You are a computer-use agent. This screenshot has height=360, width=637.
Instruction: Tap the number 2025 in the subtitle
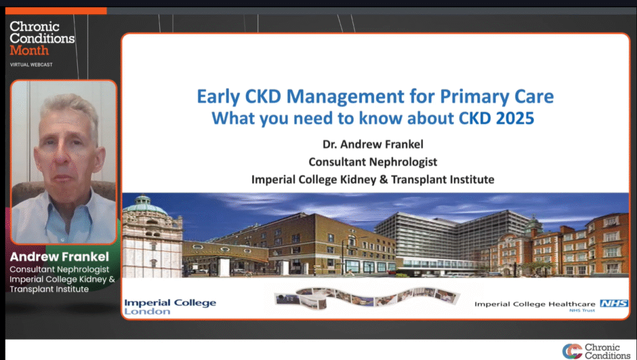pos(514,118)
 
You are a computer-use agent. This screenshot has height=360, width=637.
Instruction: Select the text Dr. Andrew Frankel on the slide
pos(373,144)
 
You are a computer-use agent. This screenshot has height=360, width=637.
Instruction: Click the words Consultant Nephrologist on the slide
pos(373,162)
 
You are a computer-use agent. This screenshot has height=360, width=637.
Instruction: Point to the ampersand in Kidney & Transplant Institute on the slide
pos(383,180)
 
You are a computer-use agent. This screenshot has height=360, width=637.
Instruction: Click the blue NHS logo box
pos(614,303)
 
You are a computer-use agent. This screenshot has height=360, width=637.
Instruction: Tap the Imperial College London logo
pos(170,307)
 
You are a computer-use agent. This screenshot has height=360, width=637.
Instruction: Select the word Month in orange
pos(29,50)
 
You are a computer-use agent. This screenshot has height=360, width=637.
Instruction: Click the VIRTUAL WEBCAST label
pos(31,65)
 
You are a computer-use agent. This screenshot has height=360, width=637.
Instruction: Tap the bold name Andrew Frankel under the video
pos(59,257)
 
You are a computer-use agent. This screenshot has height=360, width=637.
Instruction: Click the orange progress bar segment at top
pos(56,11)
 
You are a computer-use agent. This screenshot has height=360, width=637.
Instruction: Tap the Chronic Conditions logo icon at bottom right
pos(572,351)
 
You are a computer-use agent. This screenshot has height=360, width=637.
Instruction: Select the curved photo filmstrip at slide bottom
pos(367,297)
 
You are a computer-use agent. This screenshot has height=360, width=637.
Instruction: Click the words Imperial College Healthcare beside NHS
pos(534,304)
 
